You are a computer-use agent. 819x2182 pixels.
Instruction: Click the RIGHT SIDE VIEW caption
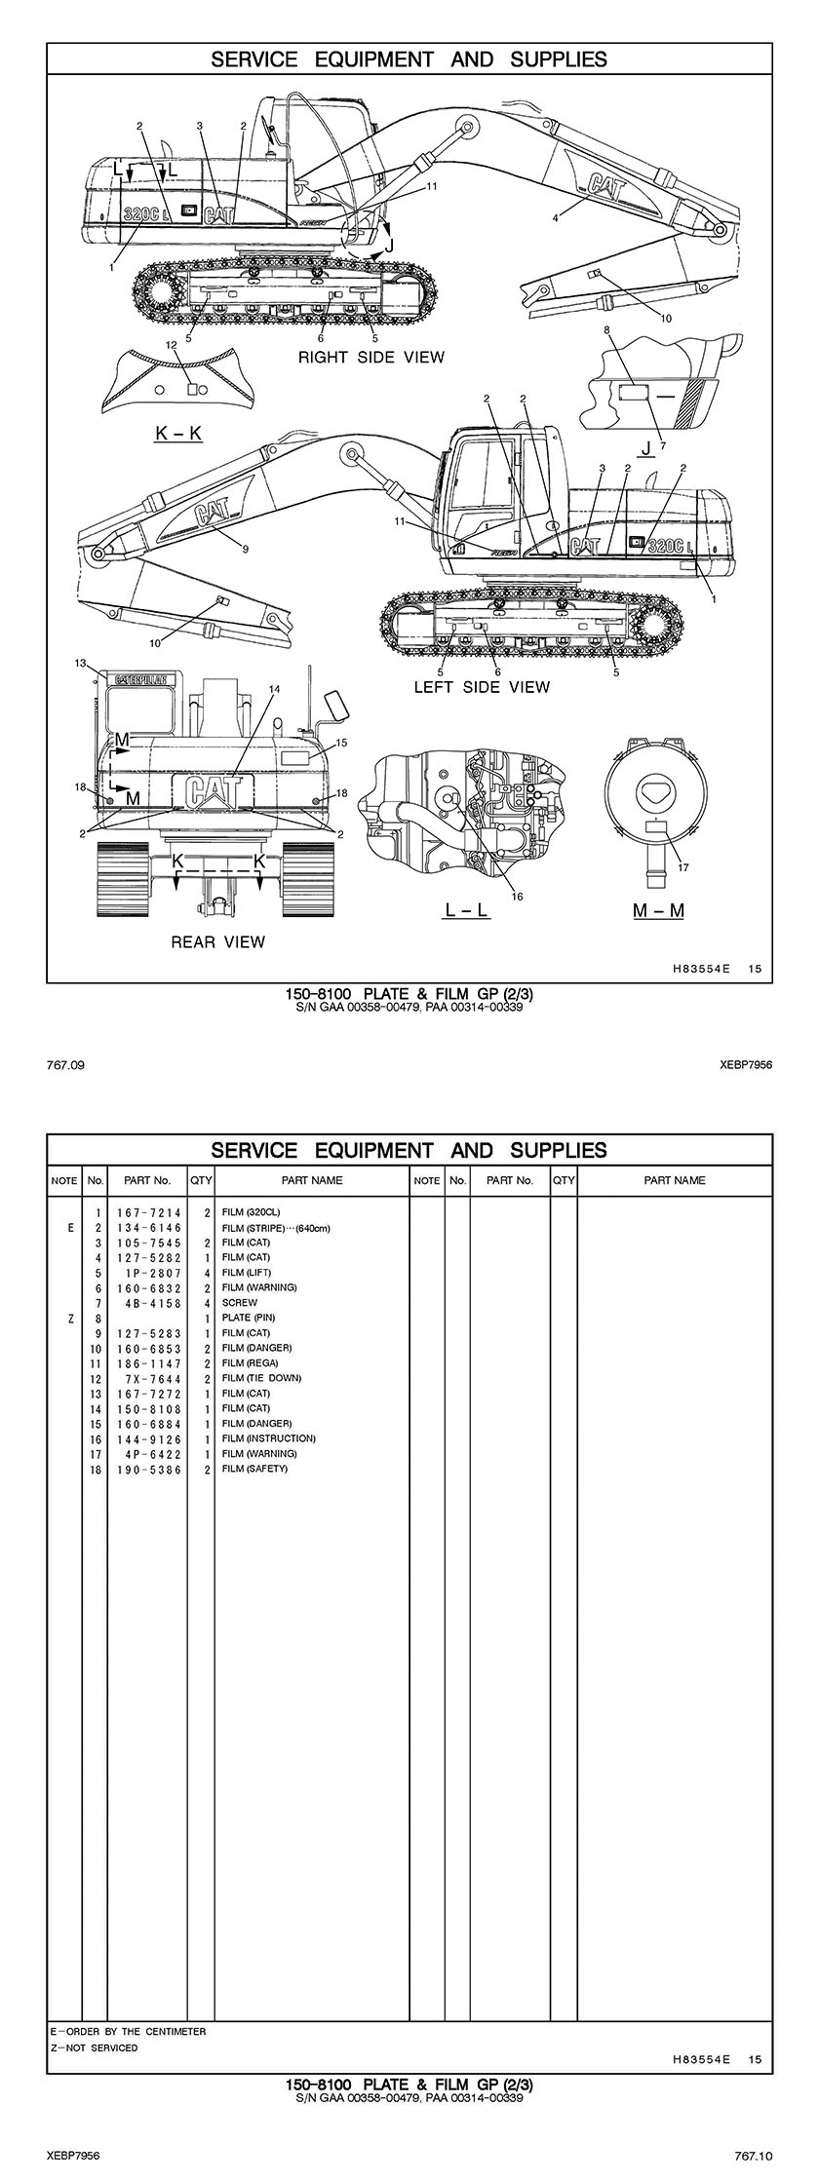370,358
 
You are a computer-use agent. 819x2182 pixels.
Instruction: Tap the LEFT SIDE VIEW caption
482,687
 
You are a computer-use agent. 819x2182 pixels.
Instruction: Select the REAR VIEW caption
217,941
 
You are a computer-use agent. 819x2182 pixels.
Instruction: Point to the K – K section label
178,433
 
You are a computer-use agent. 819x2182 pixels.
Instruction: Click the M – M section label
658,910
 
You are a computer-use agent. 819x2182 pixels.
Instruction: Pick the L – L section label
467,910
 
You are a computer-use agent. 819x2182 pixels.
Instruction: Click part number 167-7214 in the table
147,1212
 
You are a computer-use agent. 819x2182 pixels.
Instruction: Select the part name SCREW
240,1302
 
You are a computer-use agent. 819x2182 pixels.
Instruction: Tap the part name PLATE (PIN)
249,1318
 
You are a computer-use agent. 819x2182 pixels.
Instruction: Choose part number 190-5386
147,1469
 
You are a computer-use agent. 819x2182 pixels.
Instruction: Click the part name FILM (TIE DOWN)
261,1378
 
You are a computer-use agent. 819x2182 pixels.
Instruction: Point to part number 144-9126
147,1438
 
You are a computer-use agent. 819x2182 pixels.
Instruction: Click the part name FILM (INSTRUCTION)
268,1438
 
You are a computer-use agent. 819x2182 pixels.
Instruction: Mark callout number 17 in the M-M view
683,867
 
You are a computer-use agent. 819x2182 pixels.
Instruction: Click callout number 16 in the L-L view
518,897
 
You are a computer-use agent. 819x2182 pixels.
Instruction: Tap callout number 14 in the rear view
274,689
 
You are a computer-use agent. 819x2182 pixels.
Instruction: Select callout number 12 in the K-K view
172,344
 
